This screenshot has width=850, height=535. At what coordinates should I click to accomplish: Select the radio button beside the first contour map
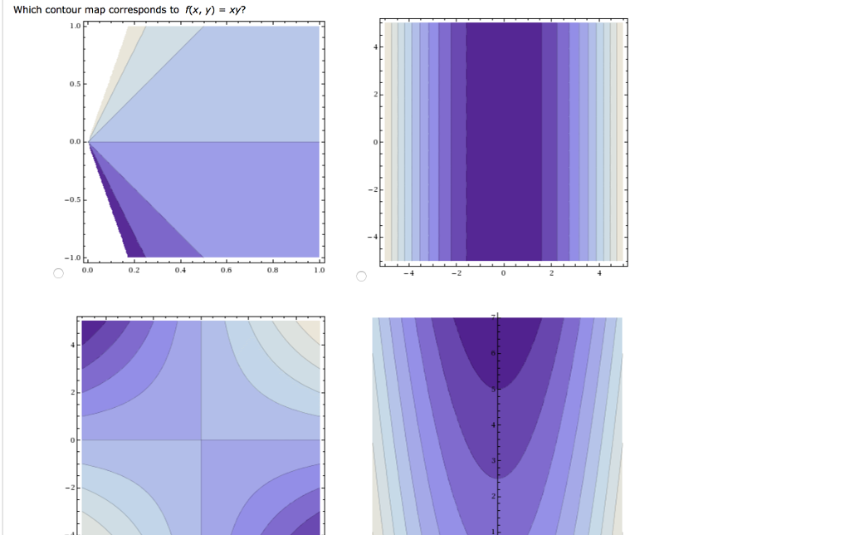point(58,275)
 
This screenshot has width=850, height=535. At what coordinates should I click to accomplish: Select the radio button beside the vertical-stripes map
point(361,276)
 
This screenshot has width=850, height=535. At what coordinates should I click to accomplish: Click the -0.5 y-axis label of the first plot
point(74,199)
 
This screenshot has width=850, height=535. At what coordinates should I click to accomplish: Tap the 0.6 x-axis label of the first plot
point(227,270)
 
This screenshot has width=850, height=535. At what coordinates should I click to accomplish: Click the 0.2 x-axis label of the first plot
point(134,270)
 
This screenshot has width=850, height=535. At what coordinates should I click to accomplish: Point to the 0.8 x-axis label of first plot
point(273,270)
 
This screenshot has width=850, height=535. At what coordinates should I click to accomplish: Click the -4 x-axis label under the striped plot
point(408,274)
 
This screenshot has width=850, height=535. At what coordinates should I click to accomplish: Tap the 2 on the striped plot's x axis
point(551,274)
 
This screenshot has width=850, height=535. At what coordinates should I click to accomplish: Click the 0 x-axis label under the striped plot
point(504,274)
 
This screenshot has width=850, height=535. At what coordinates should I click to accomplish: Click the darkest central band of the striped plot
point(504,141)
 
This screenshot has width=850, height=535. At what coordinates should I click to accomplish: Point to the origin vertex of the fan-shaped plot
point(89,142)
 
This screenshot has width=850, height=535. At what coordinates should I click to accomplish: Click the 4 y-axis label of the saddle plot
point(72,345)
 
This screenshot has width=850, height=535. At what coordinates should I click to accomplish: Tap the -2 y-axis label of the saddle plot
point(71,487)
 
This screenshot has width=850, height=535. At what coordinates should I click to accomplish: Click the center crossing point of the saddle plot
point(201,439)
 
